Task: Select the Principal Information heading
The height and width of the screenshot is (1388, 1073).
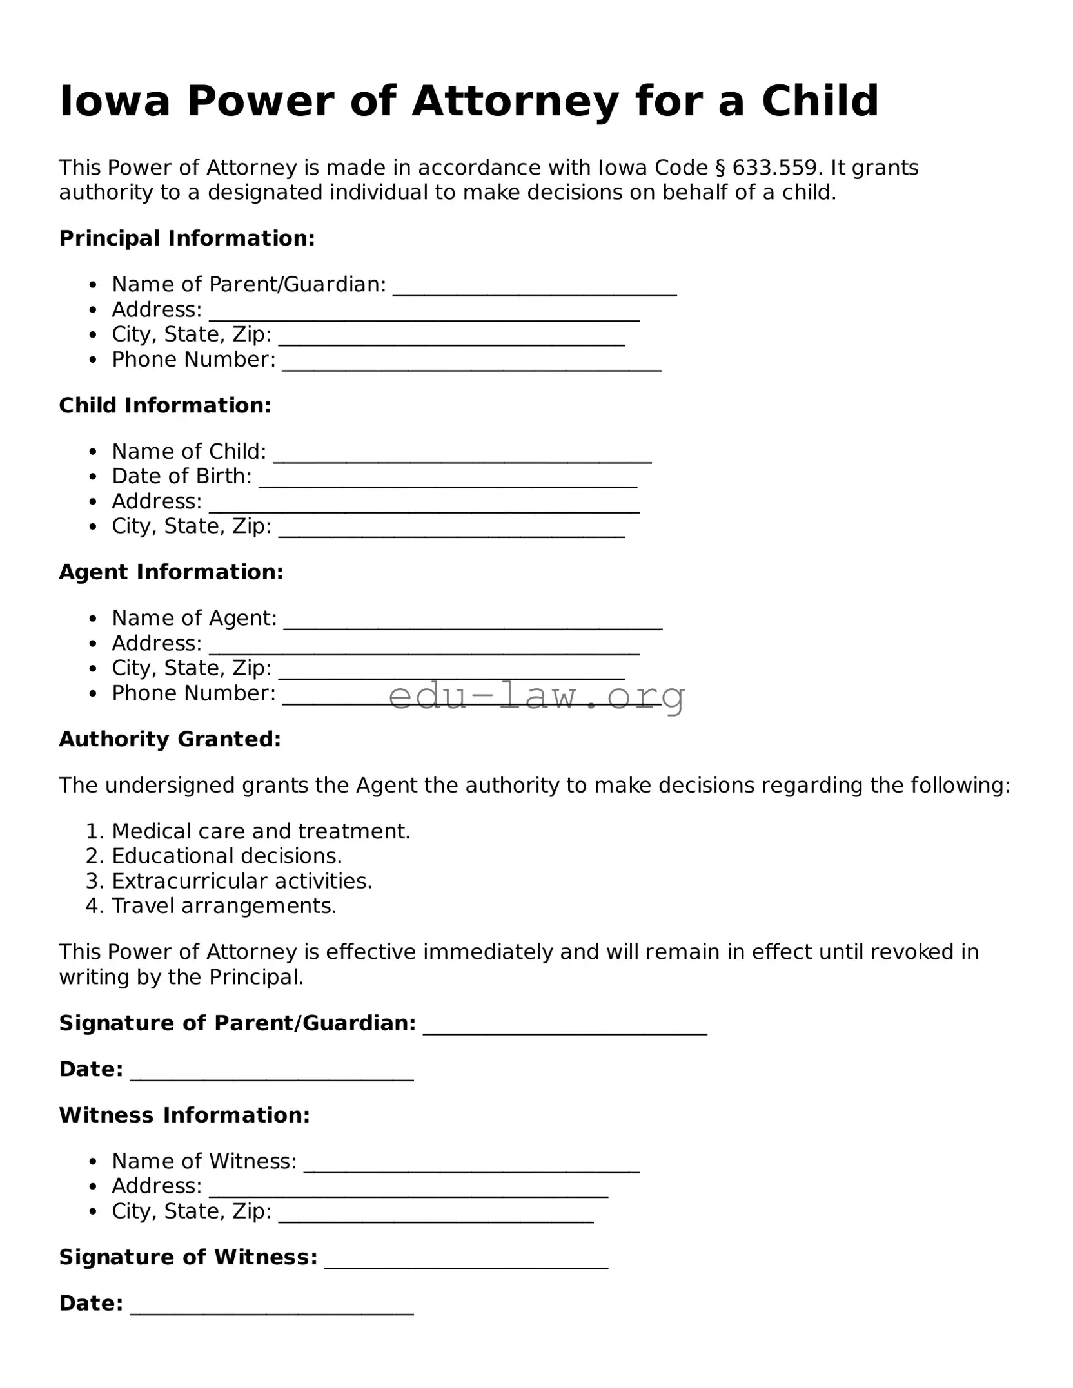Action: coord(187,238)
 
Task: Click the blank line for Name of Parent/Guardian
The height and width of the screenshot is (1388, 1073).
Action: coord(535,290)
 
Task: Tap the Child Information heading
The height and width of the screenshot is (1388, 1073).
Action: coord(165,405)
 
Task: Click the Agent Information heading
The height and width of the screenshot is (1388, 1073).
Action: coord(171,572)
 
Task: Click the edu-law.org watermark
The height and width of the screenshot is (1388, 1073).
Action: coord(536,696)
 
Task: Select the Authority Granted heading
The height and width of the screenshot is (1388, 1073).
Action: coord(170,739)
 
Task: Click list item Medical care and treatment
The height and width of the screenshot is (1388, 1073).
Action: coord(261,831)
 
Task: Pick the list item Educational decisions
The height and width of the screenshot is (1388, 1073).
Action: coord(226,856)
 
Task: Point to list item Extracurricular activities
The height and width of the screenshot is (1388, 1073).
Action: coord(242,881)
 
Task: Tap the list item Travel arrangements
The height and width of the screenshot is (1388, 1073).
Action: coord(224,906)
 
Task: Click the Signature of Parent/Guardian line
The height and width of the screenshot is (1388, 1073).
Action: coord(565,1028)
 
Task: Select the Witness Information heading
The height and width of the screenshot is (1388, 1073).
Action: coord(184,1115)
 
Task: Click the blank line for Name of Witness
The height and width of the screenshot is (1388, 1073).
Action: coord(471,1167)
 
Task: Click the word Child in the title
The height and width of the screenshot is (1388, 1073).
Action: coord(820,102)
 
